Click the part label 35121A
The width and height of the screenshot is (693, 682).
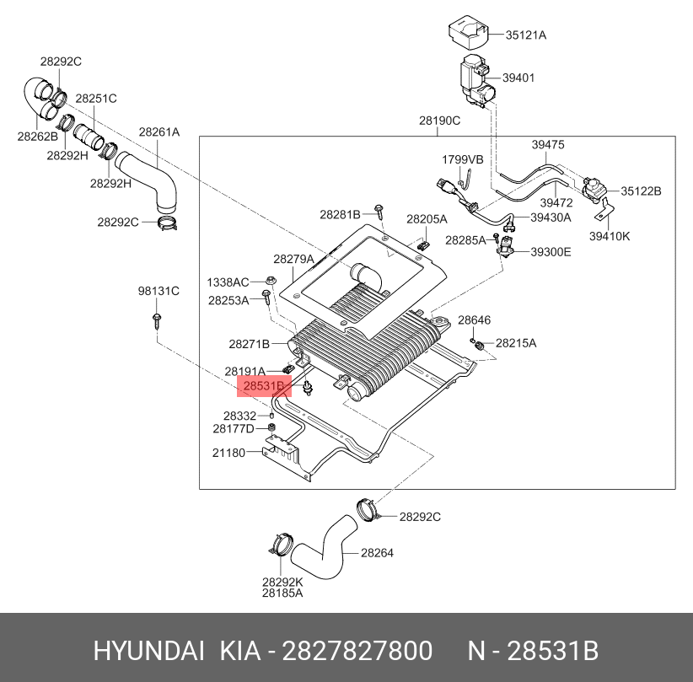pos(526,35)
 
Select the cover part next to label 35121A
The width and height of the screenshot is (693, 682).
pos(468,32)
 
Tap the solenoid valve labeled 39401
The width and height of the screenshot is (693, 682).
pos(477,82)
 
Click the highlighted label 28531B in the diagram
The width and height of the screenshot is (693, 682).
pos(264,386)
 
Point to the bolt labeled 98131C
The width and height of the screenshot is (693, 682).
pos(157,321)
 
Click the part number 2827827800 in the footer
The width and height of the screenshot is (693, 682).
pos(357,651)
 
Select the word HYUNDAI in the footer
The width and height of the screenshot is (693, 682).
pos(149,651)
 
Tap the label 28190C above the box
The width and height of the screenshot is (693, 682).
pos(440,121)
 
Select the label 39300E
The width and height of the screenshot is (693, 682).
pos(551,252)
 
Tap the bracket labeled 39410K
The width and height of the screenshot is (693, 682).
pos(604,211)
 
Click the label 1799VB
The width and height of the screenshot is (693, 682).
pos(463,159)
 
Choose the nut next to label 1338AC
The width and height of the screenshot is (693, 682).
pos(271,280)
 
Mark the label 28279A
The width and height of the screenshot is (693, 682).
pos(293,259)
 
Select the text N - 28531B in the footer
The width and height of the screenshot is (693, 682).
pos(533,651)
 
